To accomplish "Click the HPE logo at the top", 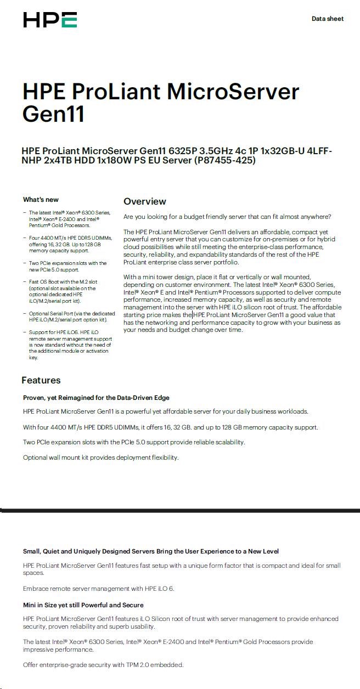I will [50, 20].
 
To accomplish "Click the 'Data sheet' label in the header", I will [327, 19].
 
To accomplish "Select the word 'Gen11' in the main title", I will [53, 115].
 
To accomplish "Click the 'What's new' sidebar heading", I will [41, 200].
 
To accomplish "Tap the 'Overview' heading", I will [144, 201].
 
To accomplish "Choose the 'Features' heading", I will [41, 380].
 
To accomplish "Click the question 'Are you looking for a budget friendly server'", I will [227, 217].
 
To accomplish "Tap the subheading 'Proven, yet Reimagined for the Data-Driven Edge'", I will [96, 398].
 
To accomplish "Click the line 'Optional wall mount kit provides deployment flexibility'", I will [100, 458].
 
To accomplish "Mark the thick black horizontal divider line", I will [180, 510].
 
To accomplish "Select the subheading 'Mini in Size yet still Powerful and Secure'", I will [83, 605].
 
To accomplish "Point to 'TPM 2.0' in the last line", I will [127, 665].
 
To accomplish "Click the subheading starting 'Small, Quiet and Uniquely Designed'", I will [150, 551].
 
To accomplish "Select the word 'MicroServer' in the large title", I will [233, 92].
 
